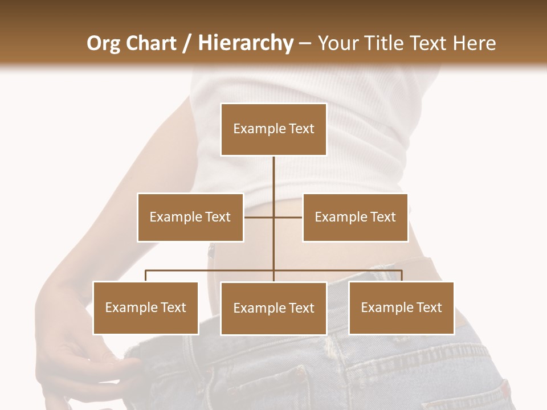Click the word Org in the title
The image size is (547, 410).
pos(103,43)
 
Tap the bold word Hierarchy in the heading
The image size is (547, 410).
pos(245,43)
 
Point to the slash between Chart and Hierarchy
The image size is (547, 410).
pos(187,43)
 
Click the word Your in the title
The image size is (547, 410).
pos(338,43)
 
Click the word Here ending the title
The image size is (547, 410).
pos(474,43)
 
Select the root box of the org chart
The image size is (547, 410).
pos(273,129)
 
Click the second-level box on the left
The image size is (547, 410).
pos(190,217)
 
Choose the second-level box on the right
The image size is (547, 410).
pos(355,217)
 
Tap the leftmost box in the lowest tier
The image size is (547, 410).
pos(145,307)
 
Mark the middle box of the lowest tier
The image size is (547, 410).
pos(273,308)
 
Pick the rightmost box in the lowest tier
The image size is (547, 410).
pos(401,307)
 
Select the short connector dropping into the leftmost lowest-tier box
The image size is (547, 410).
pos(145,276)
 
